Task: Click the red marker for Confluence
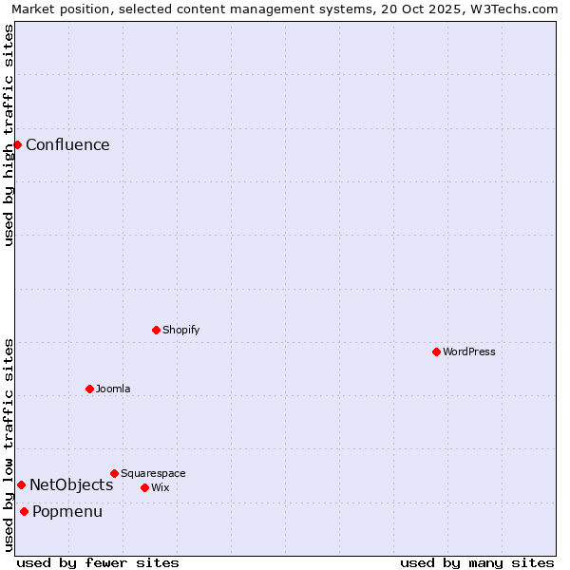[17, 144]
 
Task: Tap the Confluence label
[67, 145]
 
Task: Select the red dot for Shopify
[156, 330]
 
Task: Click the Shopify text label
[180, 331]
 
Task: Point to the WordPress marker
[436, 351]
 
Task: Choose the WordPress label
[469, 352]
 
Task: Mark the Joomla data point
[89, 389]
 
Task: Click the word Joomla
[113, 389]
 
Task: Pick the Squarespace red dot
[114, 473]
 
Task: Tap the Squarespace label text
[153, 474]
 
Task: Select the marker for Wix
[144, 487]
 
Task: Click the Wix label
[160, 488]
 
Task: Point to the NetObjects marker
[21, 484]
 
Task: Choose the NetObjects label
[71, 485]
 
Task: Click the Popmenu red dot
[24, 511]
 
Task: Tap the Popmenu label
[67, 512]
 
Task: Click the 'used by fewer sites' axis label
[98, 563]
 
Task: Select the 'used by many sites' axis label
[477, 563]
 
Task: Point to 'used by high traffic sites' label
[9, 135]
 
